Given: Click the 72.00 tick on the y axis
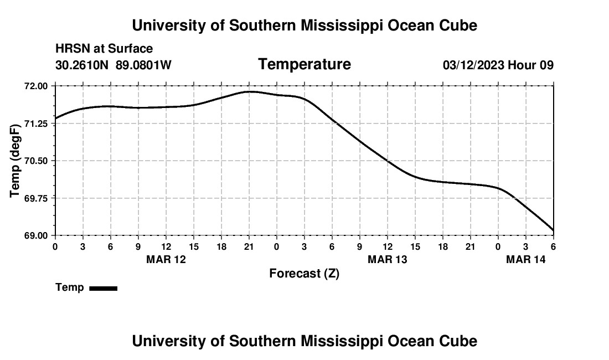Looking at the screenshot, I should pyautogui.click(x=37, y=86).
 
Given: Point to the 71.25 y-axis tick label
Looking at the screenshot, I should pyautogui.click(x=37, y=124).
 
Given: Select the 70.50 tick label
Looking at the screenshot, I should pyautogui.click(x=37, y=161).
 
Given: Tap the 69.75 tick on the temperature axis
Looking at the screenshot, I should pyautogui.click(x=37, y=198).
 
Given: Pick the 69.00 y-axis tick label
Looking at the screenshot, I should pyautogui.click(x=37, y=235).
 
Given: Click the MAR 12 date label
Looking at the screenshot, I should pyautogui.click(x=166, y=259).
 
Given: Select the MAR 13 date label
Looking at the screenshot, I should pyautogui.click(x=388, y=259).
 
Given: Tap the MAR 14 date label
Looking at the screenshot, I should pyautogui.click(x=526, y=259).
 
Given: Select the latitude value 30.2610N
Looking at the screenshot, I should pyautogui.click(x=82, y=65).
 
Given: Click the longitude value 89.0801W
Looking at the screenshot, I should pyautogui.click(x=143, y=65).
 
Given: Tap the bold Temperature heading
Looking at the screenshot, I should pyautogui.click(x=304, y=64).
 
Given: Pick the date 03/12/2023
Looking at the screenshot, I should pyautogui.click(x=473, y=65).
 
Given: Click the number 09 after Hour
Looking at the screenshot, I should pyautogui.click(x=546, y=65).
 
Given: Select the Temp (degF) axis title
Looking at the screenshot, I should pyautogui.click(x=16, y=161).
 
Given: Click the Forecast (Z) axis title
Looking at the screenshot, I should pyautogui.click(x=304, y=274).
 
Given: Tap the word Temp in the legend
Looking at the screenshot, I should pyautogui.click(x=70, y=287).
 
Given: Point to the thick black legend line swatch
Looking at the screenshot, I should pyautogui.click(x=103, y=288).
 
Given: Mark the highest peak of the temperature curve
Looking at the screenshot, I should pyautogui.click(x=250, y=91).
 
